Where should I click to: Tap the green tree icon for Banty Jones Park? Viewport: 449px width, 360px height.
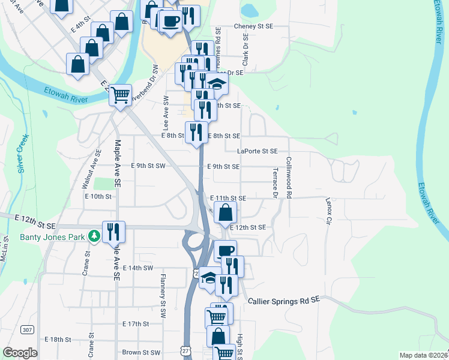tap(94, 236)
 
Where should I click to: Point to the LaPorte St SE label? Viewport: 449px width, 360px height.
tap(257, 152)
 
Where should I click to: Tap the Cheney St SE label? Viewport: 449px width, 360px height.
tap(253, 26)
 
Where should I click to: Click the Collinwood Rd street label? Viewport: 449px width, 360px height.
tap(289, 178)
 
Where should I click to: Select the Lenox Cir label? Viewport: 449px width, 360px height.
tap(328, 211)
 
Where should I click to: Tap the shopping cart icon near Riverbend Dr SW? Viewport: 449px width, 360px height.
tap(121, 94)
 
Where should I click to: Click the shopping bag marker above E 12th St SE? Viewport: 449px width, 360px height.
tap(225, 212)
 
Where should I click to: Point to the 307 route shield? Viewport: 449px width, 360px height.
tap(26, 329)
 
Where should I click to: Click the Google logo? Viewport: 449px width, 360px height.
tap(20, 353)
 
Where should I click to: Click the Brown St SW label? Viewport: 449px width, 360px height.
tap(141, 353)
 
